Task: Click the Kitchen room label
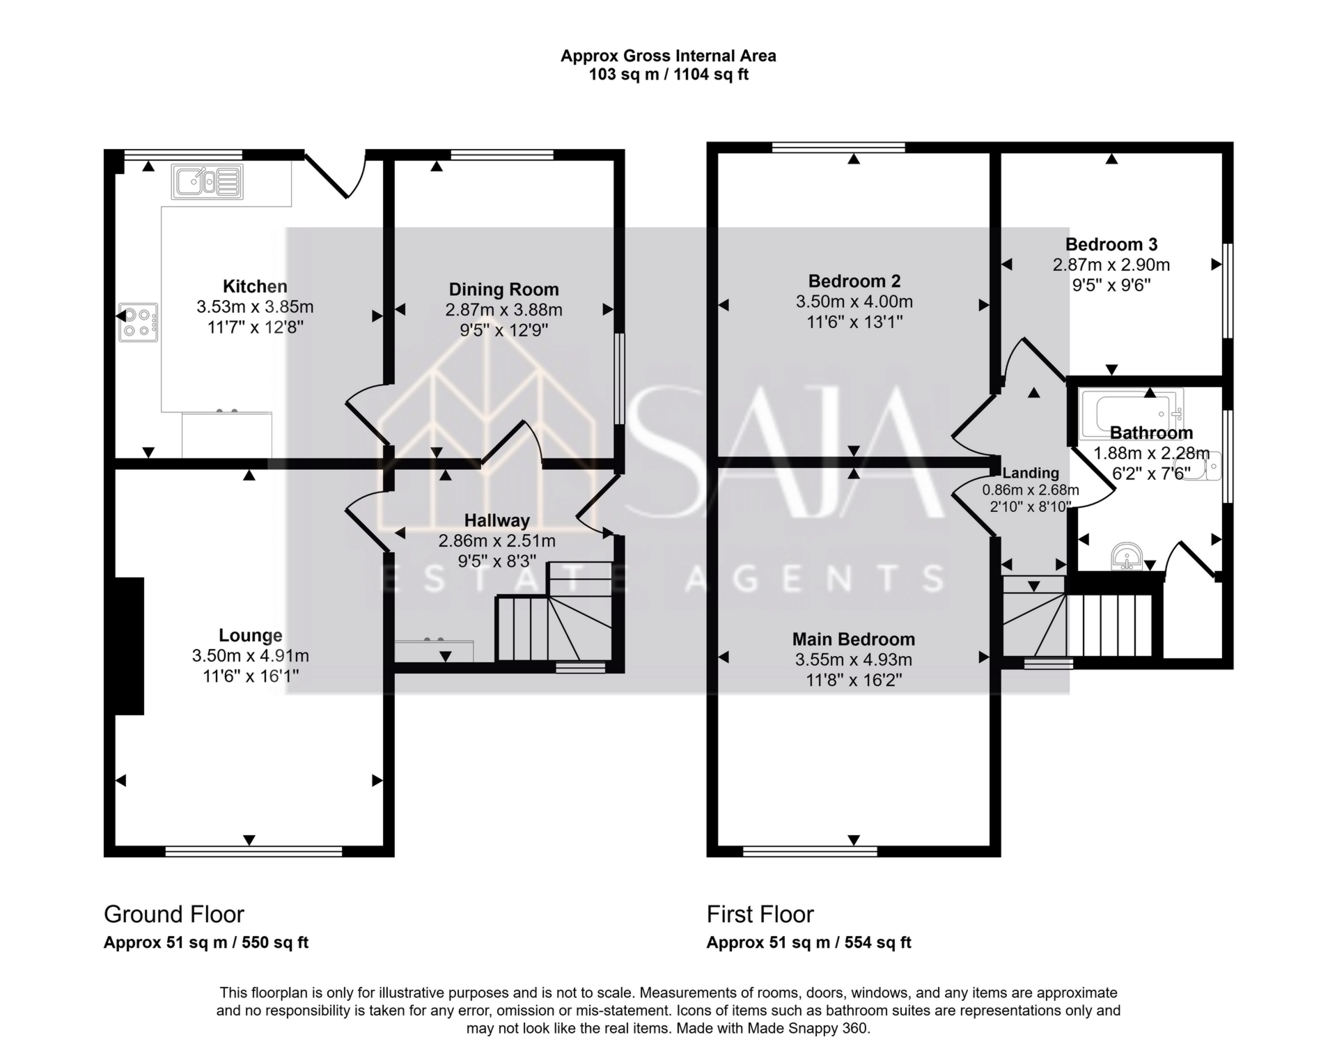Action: pyautogui.click(x=255, y=286)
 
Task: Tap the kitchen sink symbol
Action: pyautogui.click(x=207, y=182)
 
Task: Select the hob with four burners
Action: pyautogui.click(x=138, y=322)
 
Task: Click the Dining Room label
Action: pyautogui.click(x=503, y=289)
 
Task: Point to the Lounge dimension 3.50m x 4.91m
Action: pyautogui.click(x=251, y=655)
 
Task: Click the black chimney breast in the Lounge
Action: pyautogui.click(x=130, y=646)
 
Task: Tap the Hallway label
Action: pyautogui.click(x=497, y=520)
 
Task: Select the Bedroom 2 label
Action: pyautogui.click(x=854, y=281)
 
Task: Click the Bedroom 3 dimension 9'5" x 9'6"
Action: pyautogui.click(x=1111, y=285)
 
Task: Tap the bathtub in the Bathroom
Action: pyautogui.click(x=1131, y=414)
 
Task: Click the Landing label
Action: pyautogui.click(x=1031, y=474)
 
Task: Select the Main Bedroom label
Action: pyautogui.click(x=854, y=639)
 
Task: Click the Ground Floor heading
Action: pyautogui.click(x=174, y=914)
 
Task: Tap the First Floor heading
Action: pyautogui.click(x=760, y=914)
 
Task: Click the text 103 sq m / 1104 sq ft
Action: pyautogui.click(x=668, y=75)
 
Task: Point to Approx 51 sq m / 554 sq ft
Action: pyautogui.click(x=809, y=942)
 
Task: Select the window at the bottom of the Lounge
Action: pyautogui.click(x=254, y=850)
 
